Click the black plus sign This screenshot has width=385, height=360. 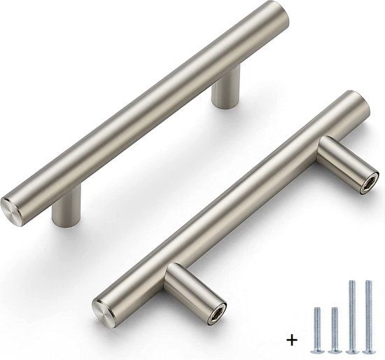coord(290,340)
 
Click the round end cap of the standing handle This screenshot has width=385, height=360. coord(20,206)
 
